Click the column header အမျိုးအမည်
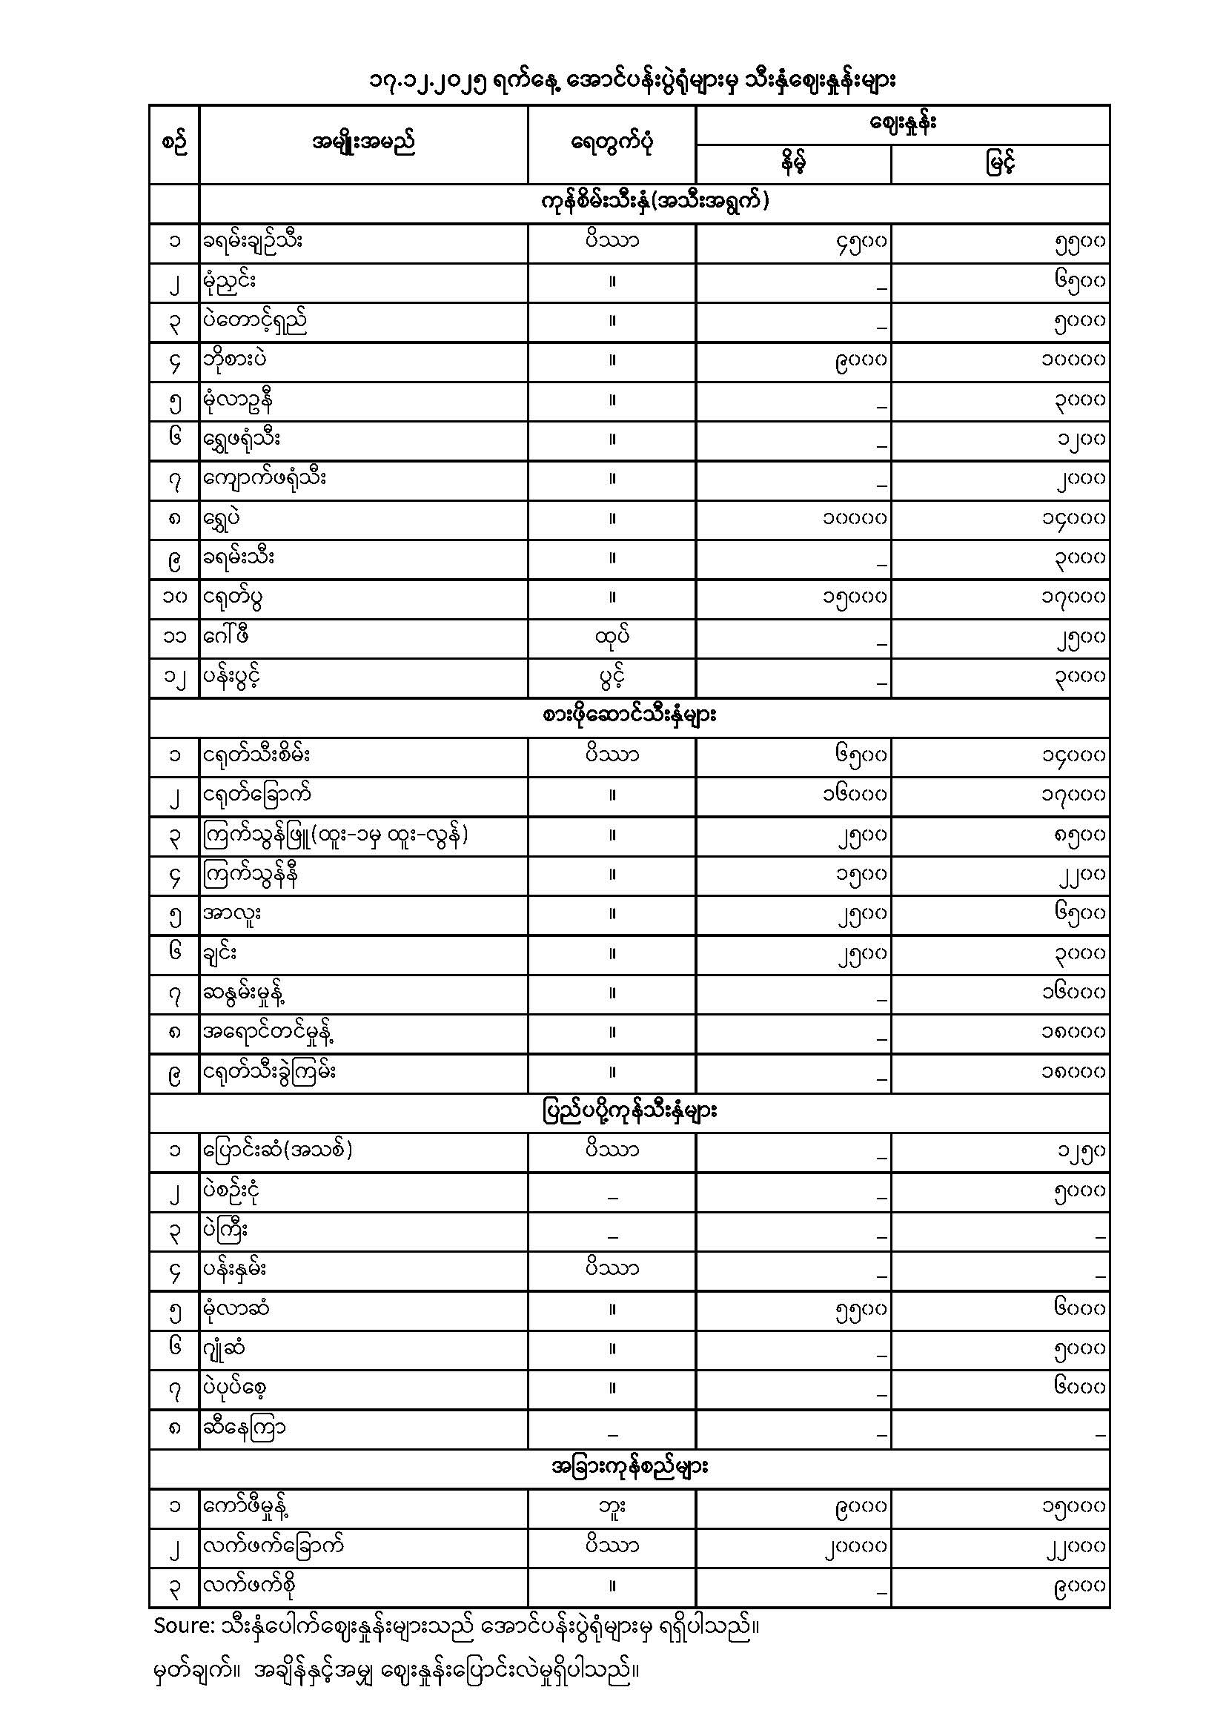pos(363,142)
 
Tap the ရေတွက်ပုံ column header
pos(612,142)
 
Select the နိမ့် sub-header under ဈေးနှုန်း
pos(792,164)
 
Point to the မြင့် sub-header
pos(999,164)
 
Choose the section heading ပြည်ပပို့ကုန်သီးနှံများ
pos(629,1112)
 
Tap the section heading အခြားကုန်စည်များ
pos(629,1468)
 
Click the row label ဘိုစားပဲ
pos(236,360)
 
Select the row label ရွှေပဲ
pos(223,519)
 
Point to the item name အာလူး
pos(232,914)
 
